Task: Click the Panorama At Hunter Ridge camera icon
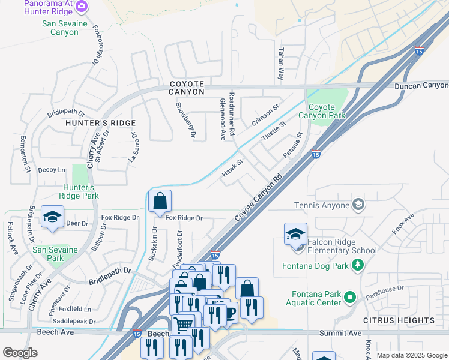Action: tap(82, 7)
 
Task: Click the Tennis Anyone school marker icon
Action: tap(358, 205)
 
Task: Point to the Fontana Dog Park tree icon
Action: tap(358, 264)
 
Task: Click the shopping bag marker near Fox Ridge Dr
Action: tap(160, 202)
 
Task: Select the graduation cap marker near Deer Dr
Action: tap(52, 217)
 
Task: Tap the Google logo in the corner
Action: tap(20, 353)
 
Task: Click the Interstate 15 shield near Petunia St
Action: tap(316, 154)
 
